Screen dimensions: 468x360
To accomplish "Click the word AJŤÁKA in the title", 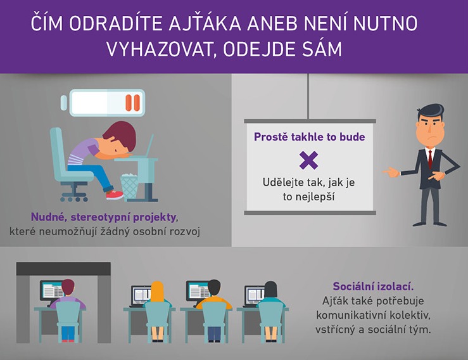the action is (205, 23).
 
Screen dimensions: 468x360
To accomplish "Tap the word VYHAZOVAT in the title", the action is (158, 49).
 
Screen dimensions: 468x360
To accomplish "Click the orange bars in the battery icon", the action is (132, 103).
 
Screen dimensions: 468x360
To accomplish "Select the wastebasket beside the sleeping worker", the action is (129, 187).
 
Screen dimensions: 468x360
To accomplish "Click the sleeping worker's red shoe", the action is (115, 195).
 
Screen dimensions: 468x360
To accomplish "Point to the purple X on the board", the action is (308, 160).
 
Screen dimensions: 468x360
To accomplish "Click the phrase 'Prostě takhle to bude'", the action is (310, 137).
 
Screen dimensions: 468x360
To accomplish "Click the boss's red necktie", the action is (430, 159).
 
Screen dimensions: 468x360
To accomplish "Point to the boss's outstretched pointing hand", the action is (391, 172).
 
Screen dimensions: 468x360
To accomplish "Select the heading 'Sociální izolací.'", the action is (374, 286).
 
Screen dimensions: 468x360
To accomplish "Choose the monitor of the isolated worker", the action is (51, 290).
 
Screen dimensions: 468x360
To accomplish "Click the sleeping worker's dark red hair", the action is (121, 134).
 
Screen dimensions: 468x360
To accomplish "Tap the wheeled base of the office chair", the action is (74, 194).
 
